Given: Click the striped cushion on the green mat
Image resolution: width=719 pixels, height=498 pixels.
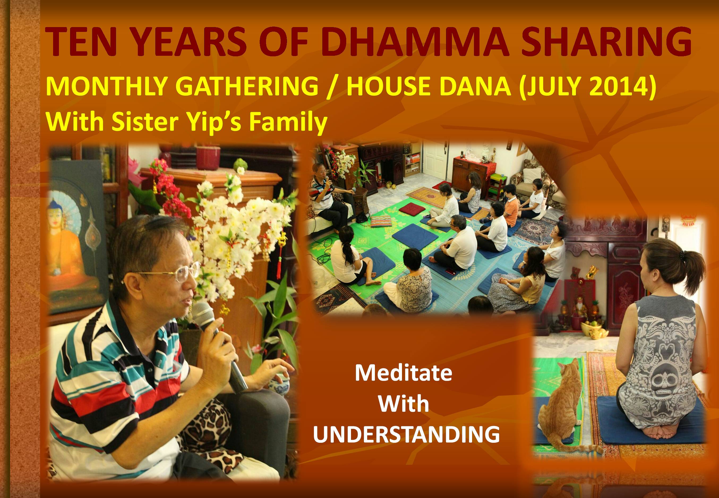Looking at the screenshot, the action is [382, 221].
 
